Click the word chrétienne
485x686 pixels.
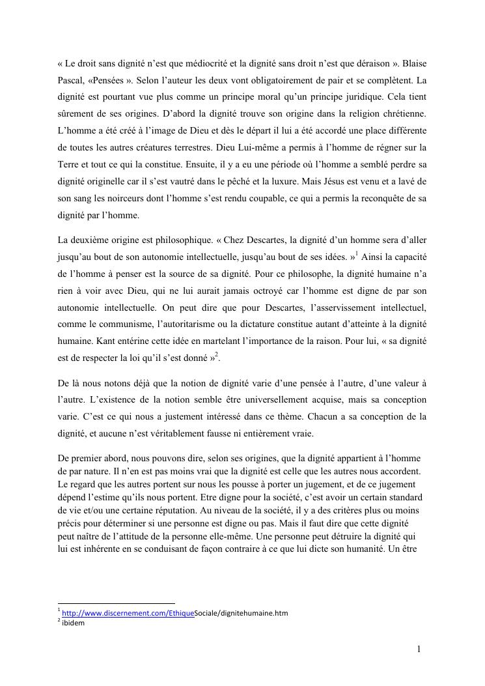pos(402,113)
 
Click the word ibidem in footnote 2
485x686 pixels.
pos(73,622)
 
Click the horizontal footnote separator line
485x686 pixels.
pos(117,604)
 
